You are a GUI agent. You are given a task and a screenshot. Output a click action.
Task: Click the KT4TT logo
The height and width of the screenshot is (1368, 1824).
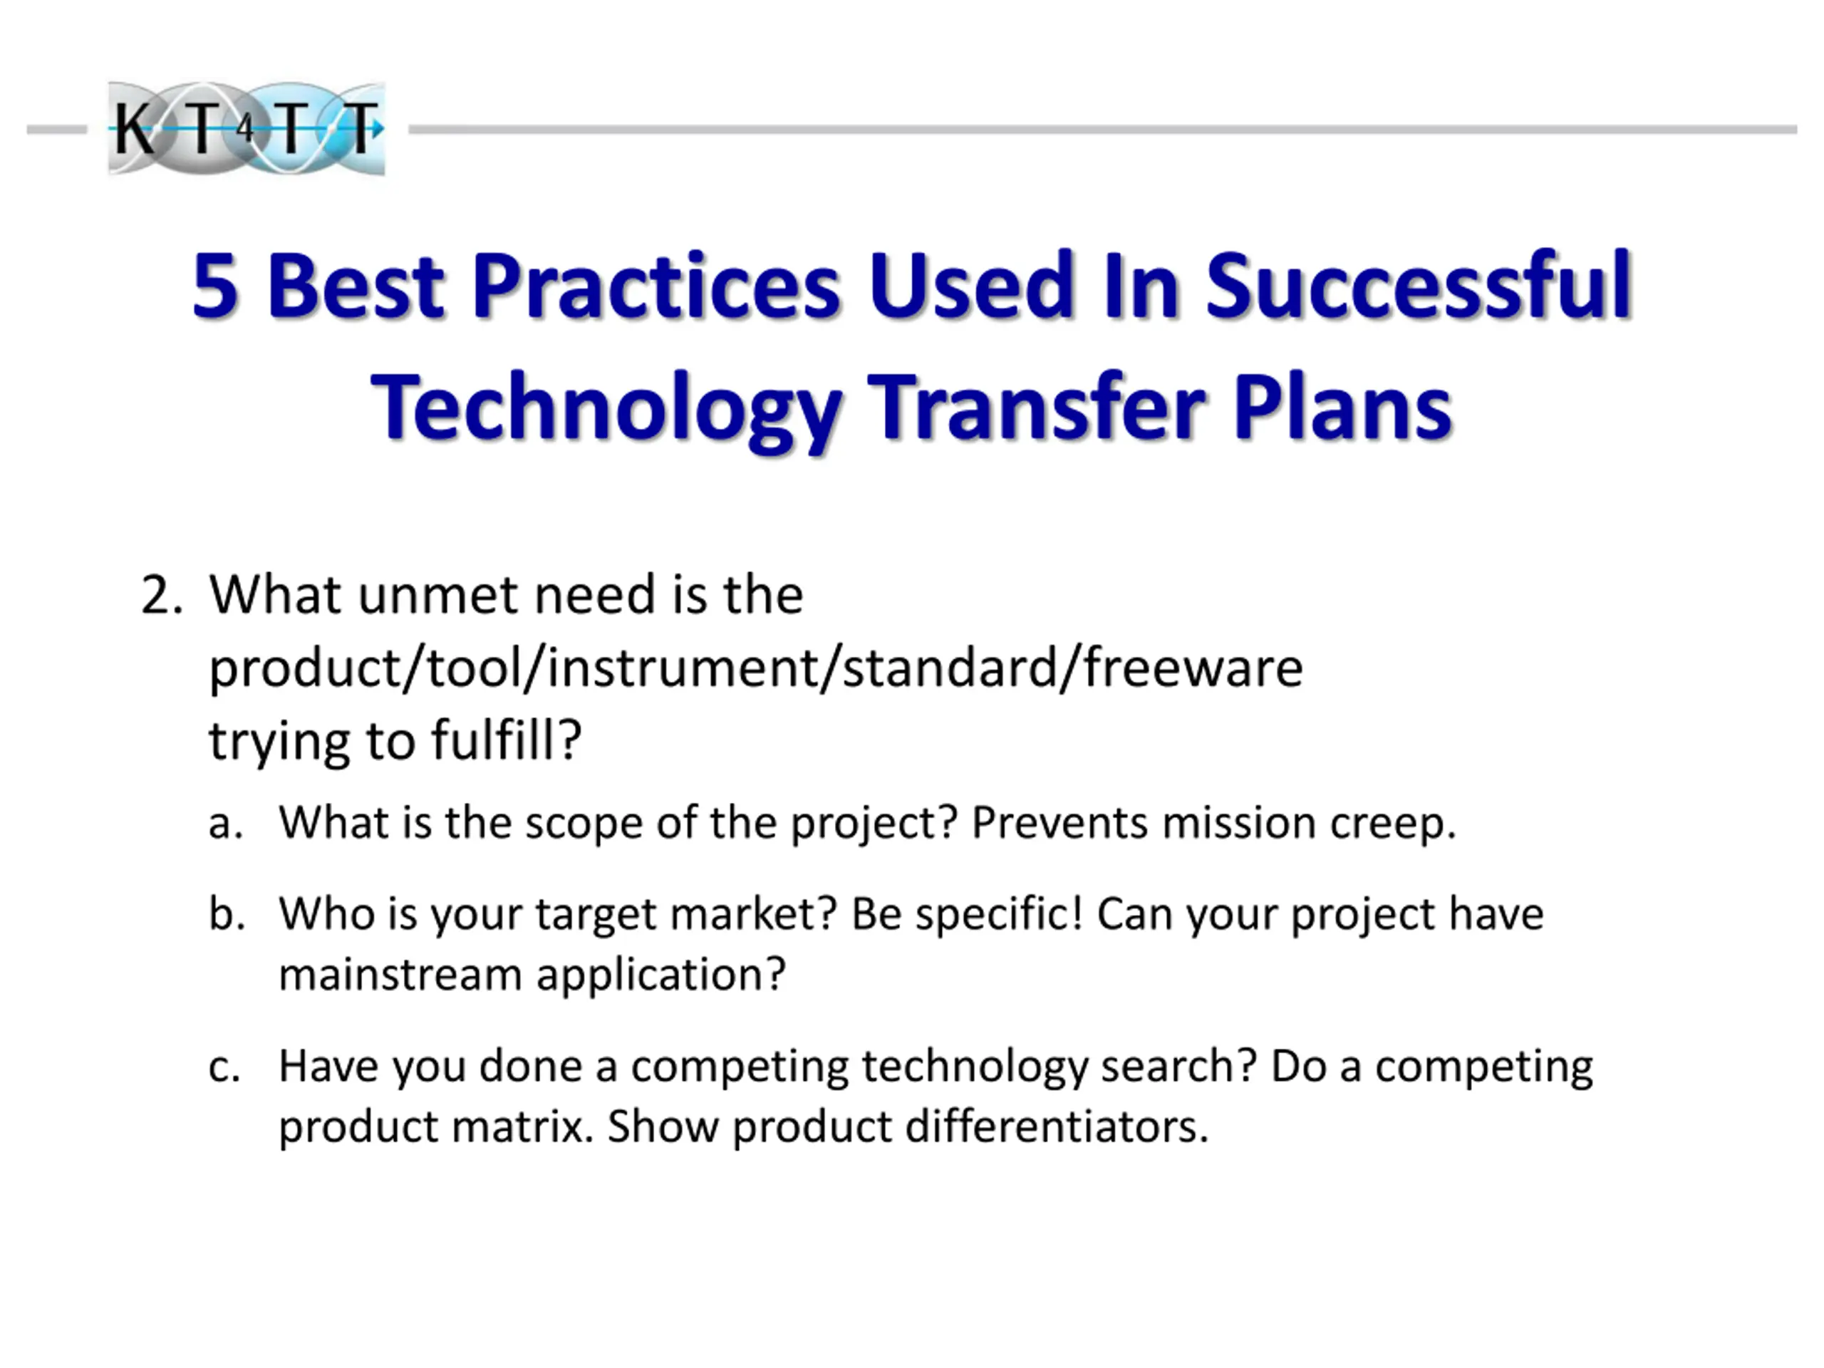[247, 129]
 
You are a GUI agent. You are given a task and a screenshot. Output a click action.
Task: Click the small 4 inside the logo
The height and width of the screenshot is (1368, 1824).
[245, 129]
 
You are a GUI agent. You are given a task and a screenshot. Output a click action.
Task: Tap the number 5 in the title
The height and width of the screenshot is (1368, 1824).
[216, 286]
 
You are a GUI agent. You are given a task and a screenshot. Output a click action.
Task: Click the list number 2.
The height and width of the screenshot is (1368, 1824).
[161, 596]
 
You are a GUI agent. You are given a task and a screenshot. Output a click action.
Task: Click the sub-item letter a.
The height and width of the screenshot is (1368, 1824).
[225, 824]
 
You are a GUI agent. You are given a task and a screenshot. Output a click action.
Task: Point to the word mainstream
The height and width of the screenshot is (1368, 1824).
[400, 975]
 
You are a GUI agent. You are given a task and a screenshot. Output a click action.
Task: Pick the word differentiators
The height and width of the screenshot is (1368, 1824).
[1057, 1126]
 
